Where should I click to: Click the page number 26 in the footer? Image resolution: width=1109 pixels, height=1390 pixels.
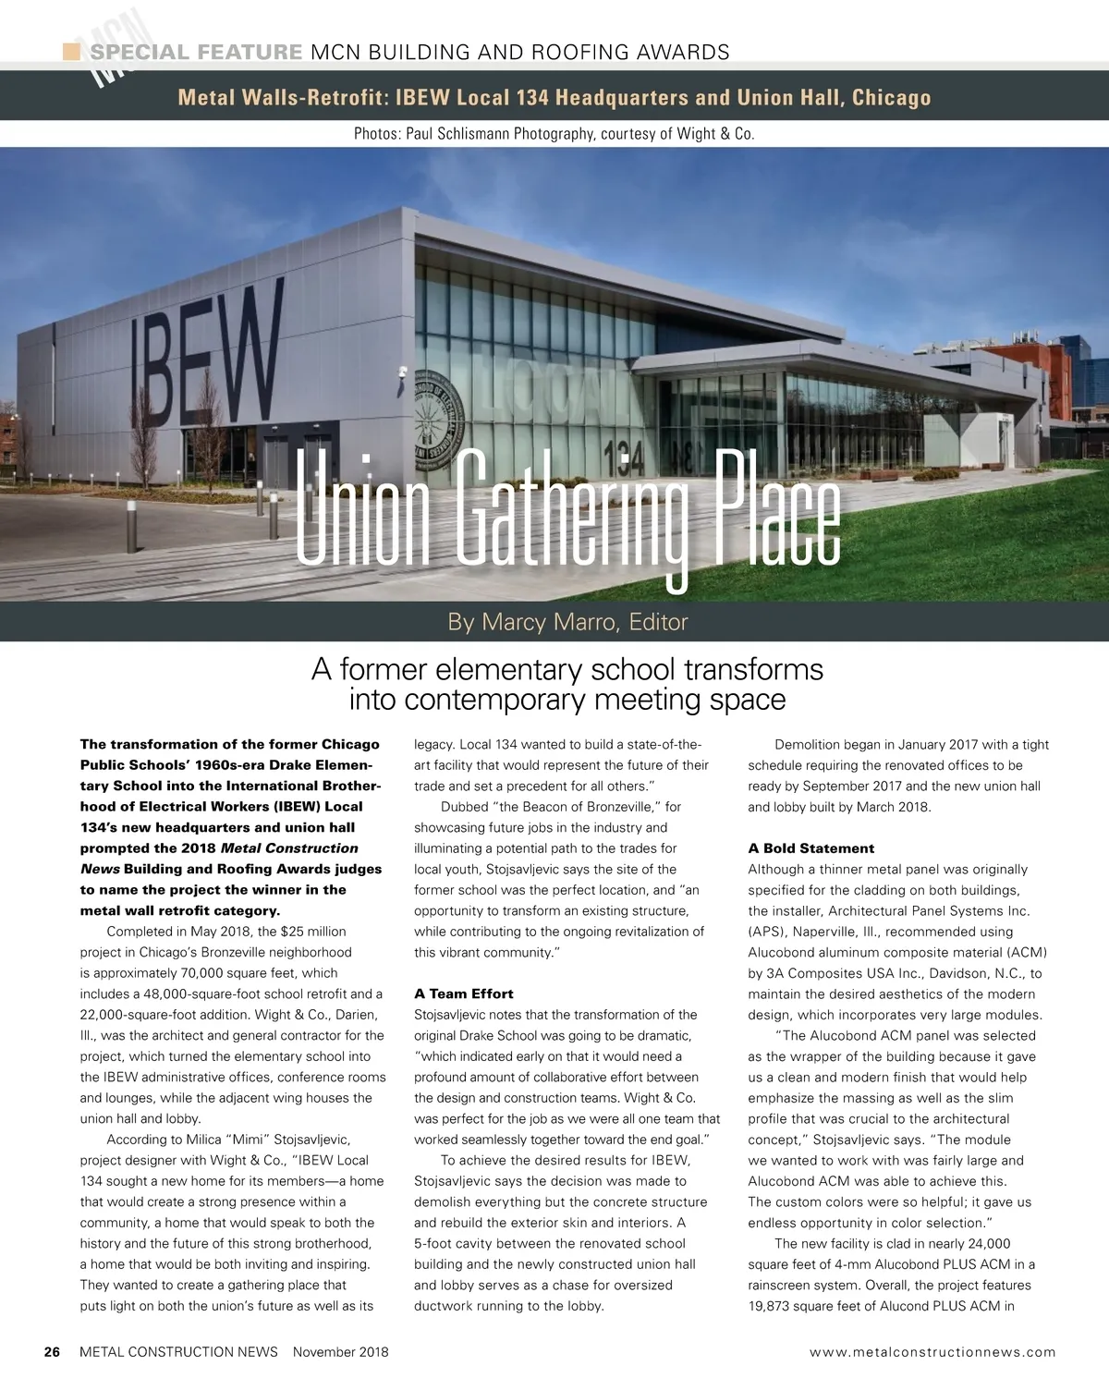[x=53, y=1352]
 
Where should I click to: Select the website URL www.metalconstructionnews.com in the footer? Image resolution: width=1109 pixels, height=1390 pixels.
[x=932, y=1352]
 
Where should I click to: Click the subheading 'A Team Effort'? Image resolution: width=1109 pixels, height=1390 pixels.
[x=463, y=994]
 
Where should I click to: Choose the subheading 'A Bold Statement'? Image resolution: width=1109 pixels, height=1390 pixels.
[x=810, y=848]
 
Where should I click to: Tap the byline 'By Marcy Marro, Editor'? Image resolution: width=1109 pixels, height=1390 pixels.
[x=567, y=622]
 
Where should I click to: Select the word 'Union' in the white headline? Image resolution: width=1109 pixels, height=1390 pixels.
[x=362, y=511]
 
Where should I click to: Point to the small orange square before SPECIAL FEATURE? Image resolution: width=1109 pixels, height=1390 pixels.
[x=71, y=52]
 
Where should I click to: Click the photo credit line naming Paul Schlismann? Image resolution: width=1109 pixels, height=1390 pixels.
[x=554, y=134]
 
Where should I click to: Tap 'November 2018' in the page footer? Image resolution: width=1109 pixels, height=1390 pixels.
[x=340, y=1352]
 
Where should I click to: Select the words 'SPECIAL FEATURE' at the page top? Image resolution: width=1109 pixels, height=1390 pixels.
[x=196, y=53]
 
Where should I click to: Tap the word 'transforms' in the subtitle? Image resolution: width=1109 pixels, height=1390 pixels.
[x=746, y=669]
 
